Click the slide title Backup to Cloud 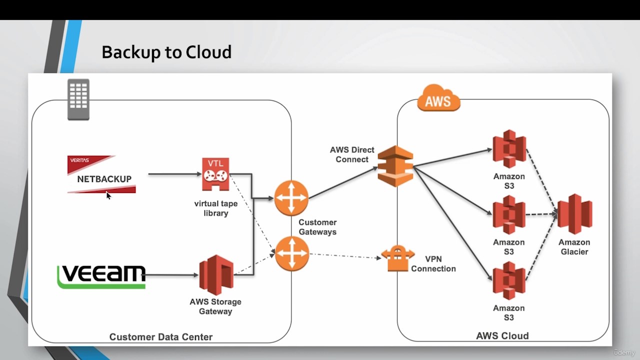(x=166, y=52)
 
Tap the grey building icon (x=78, y=99)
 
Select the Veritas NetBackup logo (x=101, y=174)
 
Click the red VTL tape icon (x=215, y=174)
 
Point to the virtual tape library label (x=216, y=208)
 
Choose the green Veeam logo (x=101, y=276)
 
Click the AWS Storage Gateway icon (x=216, y=275)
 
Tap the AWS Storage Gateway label (x=215, y=306)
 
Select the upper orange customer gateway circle (x=291, y=198)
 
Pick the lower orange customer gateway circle (x=291, y=254)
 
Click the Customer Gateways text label (x=317, y=227)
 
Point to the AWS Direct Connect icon (x=395, y=166)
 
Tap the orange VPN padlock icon (x=398, y=258)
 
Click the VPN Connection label (x=433, y=264)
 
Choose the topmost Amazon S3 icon (x=509, y=149)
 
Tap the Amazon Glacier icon (x=574, y=214)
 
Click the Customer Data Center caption (x=161, y=337)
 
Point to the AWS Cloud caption (x=502, y=336)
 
